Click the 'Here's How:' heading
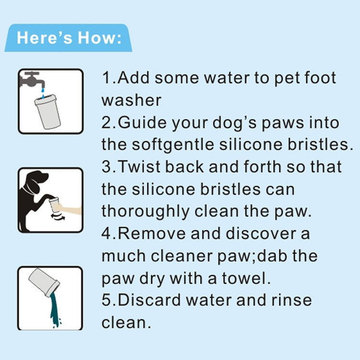coord(69,38)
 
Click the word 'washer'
coord(131,100)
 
